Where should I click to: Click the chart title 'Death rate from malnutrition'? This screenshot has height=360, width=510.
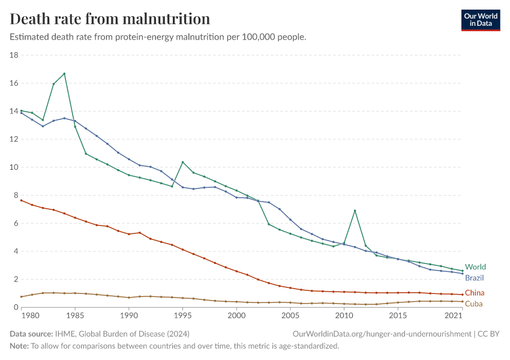110,19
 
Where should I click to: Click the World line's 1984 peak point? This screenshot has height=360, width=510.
64,74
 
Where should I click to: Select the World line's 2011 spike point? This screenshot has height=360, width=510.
355,211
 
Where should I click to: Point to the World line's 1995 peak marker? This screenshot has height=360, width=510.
182,163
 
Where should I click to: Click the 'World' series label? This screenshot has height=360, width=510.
475,267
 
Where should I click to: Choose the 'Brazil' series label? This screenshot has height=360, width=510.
474,278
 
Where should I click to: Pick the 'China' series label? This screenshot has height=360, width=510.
474,293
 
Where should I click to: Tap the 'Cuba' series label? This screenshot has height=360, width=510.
473,304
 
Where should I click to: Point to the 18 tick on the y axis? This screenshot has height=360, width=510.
14,55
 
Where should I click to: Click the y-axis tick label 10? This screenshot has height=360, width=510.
14,167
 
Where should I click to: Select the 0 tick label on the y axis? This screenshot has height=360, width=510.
16,307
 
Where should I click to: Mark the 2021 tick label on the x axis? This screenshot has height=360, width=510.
454,315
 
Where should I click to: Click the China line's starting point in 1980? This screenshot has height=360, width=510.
21,200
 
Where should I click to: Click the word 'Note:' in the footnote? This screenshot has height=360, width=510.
19,346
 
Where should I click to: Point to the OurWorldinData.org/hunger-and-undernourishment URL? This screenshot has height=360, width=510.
382,334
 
